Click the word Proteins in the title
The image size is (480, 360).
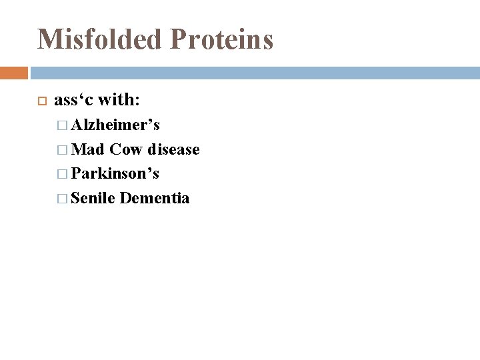(225, 39)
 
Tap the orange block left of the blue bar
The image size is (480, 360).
(14, 72)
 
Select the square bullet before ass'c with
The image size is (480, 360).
(40, 101)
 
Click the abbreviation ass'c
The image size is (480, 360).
(73, 100)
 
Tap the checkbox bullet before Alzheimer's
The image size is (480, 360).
(63, 125)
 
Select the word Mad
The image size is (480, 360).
(87, 149)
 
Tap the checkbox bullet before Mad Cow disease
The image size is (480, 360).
(63, 150)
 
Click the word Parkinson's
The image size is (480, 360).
(115, 173)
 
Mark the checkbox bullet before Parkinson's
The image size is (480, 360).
(63, 174)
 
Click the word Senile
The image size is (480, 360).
(93, 197)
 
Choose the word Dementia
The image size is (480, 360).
(155, 197)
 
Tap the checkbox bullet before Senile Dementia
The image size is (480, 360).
(63, 198)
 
